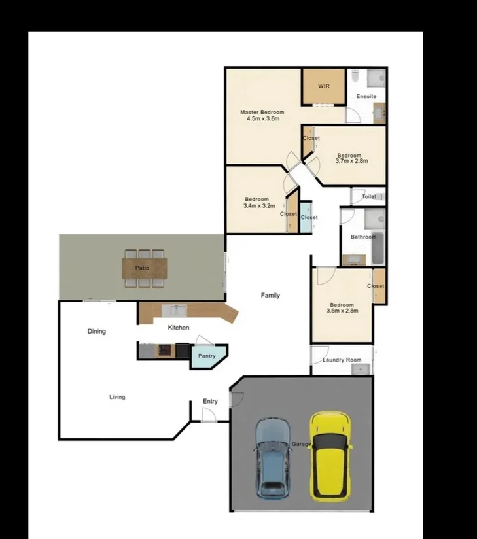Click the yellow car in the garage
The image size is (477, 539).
coord(330,456)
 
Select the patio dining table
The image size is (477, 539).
coord(144,268)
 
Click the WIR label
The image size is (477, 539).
coord(323,86)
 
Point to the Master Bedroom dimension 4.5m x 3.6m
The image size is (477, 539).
coord(263,119)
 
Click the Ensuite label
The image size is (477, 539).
coord(366,96)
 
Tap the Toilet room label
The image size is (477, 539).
coord(369,196)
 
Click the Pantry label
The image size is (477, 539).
coord(207,356)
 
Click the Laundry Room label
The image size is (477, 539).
coord(342,360)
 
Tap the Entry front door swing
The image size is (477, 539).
coord(209,415)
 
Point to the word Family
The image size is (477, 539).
coord(270,296)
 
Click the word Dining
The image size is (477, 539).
coord(97,332)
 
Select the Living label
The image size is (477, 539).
coord(117,397)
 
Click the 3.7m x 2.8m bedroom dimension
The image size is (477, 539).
coord(351,160)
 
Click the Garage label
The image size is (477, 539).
coord(302,444)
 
